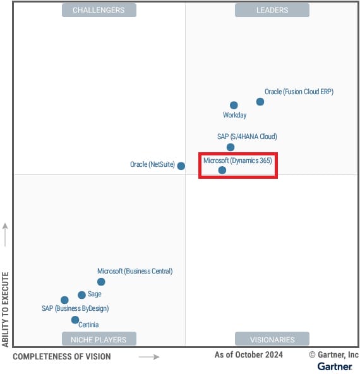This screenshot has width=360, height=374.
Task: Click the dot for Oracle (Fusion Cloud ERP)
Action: tap(260, 102)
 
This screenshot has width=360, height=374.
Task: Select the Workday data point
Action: tap(234, 106)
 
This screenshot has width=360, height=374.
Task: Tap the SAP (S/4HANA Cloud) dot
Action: tap(231, 147)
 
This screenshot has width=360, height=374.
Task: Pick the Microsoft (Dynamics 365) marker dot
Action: tap(222, 170)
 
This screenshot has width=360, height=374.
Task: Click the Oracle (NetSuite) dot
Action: tap(181, 166)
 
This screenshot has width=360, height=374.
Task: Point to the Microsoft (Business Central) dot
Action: tap(101, 282)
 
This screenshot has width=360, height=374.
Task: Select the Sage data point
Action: tap(81, 295)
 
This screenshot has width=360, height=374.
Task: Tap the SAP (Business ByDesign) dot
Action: tap(64, 300)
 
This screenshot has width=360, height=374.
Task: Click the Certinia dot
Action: tap(75, 320)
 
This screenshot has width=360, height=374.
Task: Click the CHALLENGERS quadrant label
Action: tap(99, 10)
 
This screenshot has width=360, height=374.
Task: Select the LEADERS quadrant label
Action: tap(272, 10)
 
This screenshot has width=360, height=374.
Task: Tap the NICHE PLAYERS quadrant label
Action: tap(99, 339)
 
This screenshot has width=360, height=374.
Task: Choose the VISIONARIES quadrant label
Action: tap(272, 339)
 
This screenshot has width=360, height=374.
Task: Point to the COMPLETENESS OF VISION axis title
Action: tap(62, 357)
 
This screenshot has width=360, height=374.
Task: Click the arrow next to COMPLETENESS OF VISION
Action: tap(149, 357)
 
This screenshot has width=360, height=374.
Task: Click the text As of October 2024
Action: tap(249, 355)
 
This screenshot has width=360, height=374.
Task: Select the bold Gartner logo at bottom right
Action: tap(335, 366)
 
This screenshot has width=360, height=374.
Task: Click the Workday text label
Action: tap(234, 116)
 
